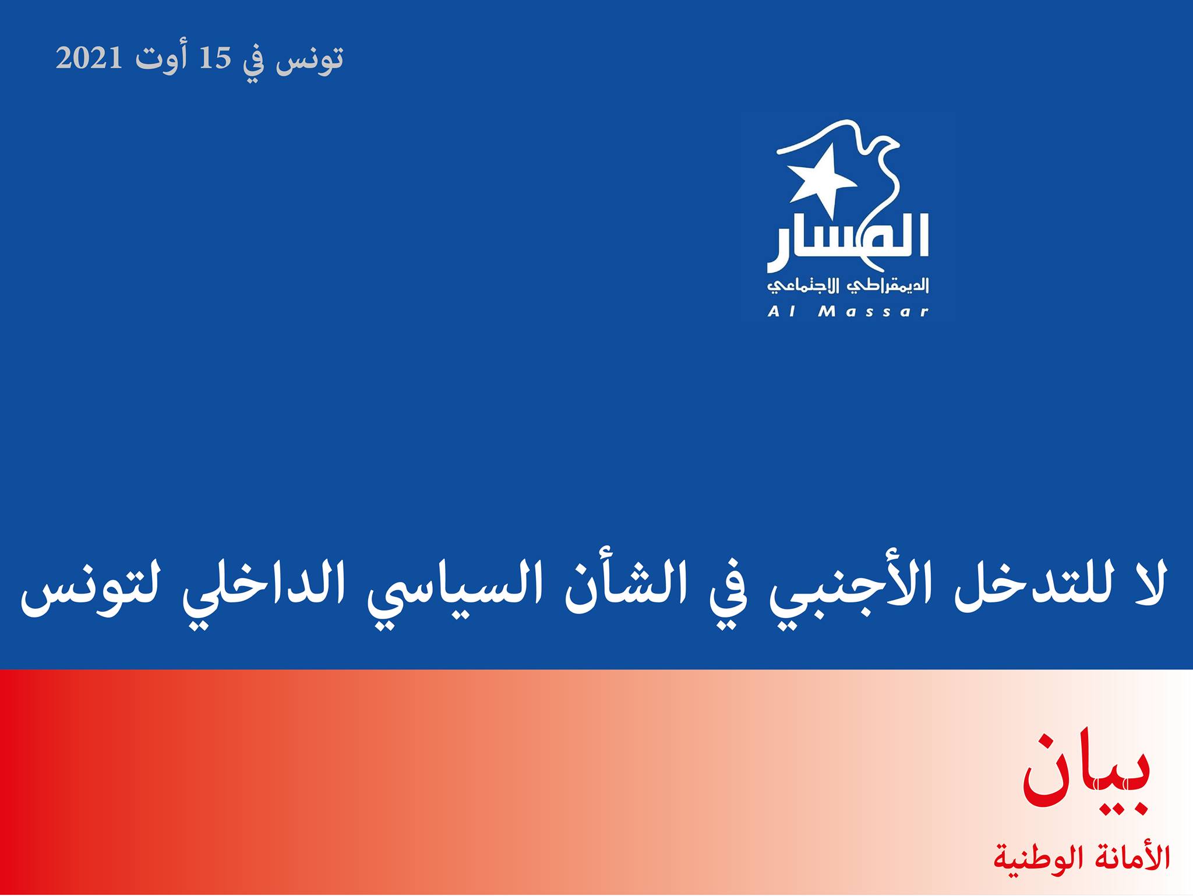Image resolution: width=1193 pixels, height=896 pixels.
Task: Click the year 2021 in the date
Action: point(89,58)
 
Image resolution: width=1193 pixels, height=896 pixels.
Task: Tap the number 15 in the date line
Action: point(216,58)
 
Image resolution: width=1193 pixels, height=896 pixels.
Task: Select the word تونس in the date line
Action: point(310,59)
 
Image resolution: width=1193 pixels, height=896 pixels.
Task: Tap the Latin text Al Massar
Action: point(848,312)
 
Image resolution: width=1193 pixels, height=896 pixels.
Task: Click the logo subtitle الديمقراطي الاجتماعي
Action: point(848,285)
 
